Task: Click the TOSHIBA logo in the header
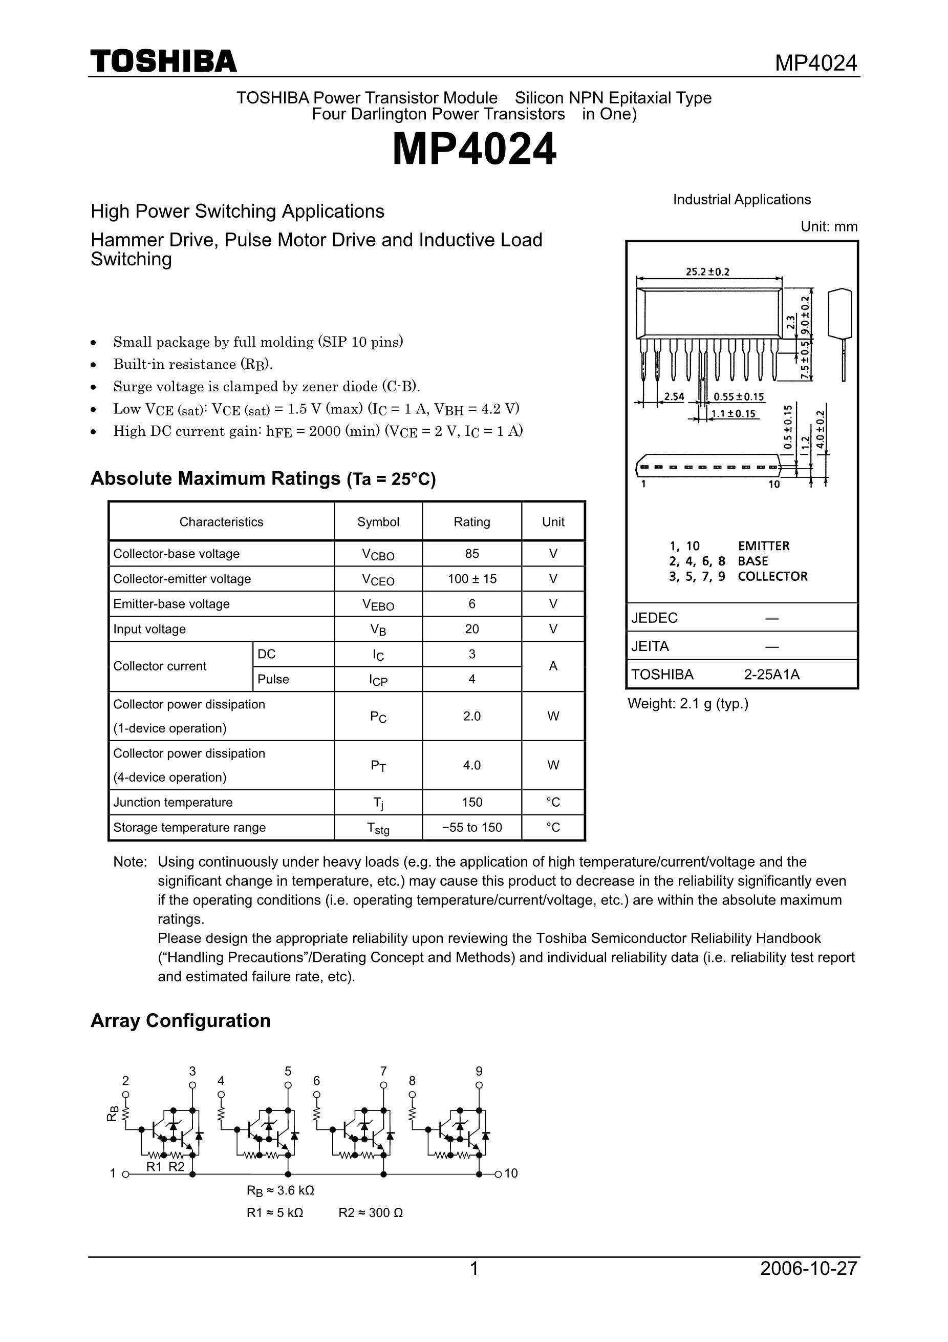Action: [164, 61]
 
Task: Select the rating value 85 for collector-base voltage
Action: [471, 554]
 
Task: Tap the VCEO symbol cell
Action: [378, 579]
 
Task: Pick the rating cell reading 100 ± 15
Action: [471, 579]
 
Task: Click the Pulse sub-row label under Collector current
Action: [273, 679]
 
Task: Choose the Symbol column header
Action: [378, 522]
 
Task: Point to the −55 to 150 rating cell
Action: [471, 827]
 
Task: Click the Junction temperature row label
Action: [173, 803]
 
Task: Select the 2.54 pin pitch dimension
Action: [674, 397]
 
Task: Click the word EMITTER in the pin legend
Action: [763, 546]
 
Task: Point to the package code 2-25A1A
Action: [771, 675]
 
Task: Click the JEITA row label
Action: [650, 646]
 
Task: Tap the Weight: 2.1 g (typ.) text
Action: [687, 704]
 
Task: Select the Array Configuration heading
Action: [181, 1020]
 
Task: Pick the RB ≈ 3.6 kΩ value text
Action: [281, 1190]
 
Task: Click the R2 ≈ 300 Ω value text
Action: [370, 1213]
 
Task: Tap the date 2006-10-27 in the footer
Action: [808, 1268]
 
